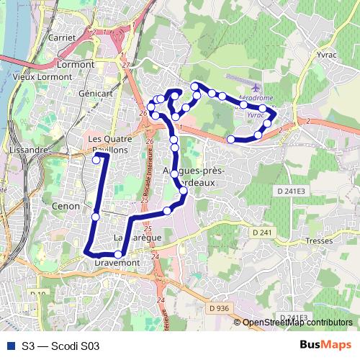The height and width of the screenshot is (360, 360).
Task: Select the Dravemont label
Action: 116,264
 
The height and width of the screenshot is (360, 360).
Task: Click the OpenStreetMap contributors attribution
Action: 297,323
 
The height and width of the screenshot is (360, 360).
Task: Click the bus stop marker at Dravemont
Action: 118,254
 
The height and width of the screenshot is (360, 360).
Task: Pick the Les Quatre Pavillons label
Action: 107,143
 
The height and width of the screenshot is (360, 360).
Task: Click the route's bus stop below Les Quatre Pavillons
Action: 96,161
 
